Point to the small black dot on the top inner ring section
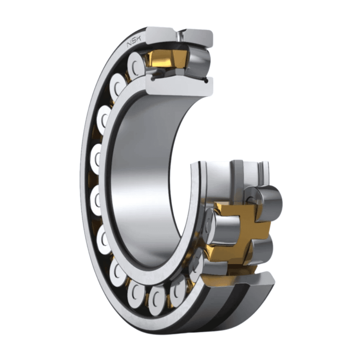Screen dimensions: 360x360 pyautogui.click(x=207, y=81)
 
